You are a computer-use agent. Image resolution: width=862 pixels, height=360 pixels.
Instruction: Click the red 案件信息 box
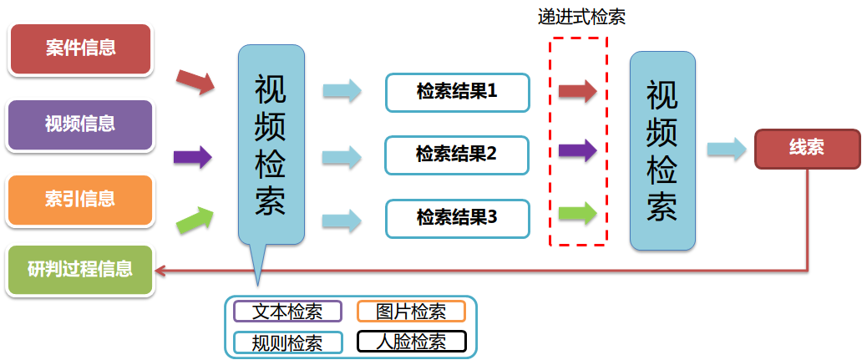[80, 48]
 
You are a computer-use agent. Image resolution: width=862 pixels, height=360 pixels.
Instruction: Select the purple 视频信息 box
[80, 124]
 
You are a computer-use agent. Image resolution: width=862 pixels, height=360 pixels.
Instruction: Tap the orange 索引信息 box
[80, 200]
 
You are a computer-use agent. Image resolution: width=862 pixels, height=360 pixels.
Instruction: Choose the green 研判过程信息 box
[80, 270]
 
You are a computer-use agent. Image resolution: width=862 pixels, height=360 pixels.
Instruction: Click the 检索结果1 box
[457, 92]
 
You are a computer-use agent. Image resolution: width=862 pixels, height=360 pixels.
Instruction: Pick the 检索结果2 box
[457, 155]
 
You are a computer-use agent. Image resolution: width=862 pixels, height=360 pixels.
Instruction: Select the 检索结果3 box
[457, 218]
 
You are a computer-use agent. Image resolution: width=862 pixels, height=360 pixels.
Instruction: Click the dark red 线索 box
[806, 149]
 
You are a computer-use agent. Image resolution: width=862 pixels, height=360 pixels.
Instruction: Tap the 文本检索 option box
[287, 312]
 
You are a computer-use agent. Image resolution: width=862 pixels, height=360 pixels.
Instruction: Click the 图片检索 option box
[410, 312]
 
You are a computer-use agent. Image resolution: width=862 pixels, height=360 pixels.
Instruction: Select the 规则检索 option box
[287, 342]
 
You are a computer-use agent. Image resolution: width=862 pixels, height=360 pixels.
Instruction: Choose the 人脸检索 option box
[410, 342]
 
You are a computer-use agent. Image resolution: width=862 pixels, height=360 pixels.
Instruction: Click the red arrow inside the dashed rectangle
[577, 90]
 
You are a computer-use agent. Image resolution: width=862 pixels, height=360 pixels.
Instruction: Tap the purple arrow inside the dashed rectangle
[577, 151]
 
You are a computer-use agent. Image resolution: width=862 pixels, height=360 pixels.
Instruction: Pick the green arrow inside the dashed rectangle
[577, 213]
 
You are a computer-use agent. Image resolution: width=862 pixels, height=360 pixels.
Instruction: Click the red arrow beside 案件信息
[195, 82]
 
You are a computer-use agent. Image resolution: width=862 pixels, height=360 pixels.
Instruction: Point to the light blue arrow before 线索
[726, 150]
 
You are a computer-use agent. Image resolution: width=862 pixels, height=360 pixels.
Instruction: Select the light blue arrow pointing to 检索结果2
[342, 155]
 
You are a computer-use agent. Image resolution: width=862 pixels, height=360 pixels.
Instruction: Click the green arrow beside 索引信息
[195, 219]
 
